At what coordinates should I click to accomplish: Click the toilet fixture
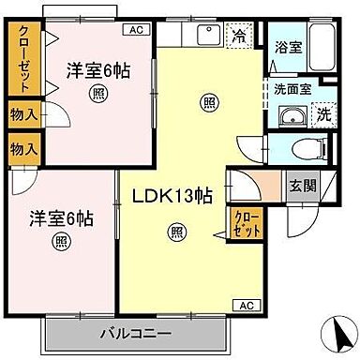[301, 147]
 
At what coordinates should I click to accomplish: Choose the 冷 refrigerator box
[239, 37]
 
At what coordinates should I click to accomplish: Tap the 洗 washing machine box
[322, 115]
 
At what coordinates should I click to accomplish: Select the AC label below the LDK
[245, 306]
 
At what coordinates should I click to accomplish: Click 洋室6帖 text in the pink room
[97, 69]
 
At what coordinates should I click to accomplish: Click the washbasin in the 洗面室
[292, 117]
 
